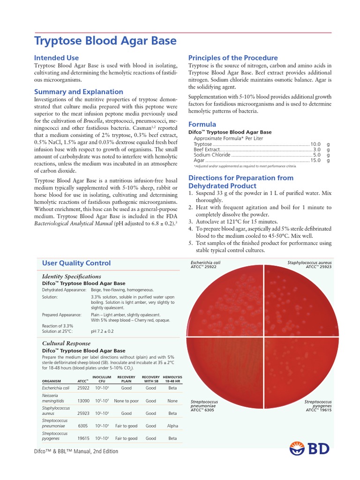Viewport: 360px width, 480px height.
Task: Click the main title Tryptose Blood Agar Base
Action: [x=105, y=41]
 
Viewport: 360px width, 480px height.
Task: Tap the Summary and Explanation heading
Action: [x=79, y=92]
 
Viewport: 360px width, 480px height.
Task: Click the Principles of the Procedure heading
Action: [x=233, y=58]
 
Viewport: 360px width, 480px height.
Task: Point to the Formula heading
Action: [x=202, y=124]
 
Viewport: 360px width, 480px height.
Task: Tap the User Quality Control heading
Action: [x=76, y=263]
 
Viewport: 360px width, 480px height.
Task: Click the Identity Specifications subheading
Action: [x=72, y=276]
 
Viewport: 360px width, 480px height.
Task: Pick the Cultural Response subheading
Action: [x=67, y=343]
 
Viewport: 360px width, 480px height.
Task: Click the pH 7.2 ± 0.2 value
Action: [x=102, y=331]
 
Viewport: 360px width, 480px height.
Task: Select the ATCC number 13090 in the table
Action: [x=83, y=401]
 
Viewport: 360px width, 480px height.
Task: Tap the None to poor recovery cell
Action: [x=126, y=401]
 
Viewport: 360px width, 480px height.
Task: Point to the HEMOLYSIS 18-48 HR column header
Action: [x=172, y=379]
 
